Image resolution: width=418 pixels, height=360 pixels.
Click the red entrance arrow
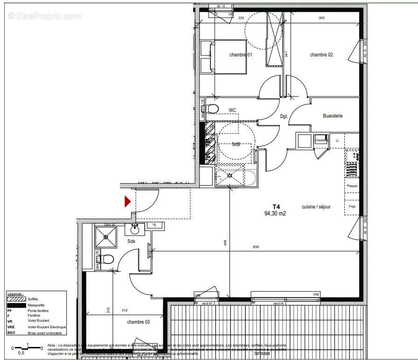pyautogui.click(x=127, y=201)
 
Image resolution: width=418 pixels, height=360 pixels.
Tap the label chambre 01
pyautogui.click(x=241, y=55)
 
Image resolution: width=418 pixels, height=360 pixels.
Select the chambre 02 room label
pyautogui.click(x=321, y=55)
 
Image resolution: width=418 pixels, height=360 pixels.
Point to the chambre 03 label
pyautogui.click(x=139, y=322)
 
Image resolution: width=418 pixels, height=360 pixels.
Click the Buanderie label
pyautogui.click(x=333, y=116)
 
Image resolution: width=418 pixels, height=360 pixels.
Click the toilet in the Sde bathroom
pyautogui.click(x=107, y=259)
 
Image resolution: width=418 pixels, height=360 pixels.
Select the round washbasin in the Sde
pyautogui.click(x=135, y=229)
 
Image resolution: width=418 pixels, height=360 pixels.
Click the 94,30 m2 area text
pyautogui.click(x=275, y=214)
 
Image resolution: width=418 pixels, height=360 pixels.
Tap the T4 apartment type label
pyautogui.click(x=276, y=207)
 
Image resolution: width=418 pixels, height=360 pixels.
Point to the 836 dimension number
pyautogui.click(x=256, y=247)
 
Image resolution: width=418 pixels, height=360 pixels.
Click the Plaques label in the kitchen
pyautogui.click(x=352, y=186)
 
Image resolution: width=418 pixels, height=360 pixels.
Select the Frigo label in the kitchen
pyautogui.click(x=352, y=207)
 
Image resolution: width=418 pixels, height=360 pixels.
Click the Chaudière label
pyautogui.click(x=321, y=140)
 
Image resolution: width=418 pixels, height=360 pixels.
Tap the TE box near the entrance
pyautogui.click(x=153, y=225)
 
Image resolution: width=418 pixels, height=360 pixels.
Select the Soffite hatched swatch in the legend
pyautogui.click(x=16, y=298)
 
